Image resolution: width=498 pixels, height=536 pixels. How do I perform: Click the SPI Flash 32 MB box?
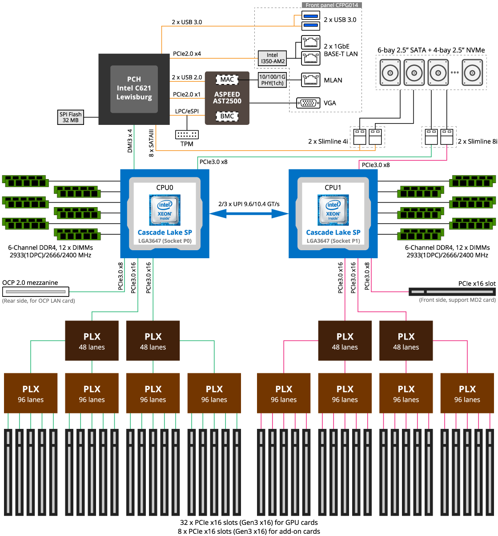pos(71,117)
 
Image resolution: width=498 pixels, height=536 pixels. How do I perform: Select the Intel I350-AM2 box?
pos(273,58)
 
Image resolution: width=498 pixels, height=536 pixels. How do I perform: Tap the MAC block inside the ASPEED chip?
pos(227,80)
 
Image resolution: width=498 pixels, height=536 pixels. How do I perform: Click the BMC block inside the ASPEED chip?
pos(227,116)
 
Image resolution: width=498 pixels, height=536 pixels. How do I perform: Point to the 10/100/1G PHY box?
pos(273,80)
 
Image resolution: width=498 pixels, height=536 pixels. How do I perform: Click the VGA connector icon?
pos(308,103)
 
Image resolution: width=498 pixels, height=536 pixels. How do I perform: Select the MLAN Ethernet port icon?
pos(310,80)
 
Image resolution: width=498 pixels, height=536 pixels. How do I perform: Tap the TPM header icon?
pos(187,134)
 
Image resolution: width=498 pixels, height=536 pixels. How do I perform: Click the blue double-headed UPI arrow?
pos(249,214)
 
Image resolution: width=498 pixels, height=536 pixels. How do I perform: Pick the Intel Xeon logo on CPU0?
pos(165,210)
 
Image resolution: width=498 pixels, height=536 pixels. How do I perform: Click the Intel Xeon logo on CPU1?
pos(333,210)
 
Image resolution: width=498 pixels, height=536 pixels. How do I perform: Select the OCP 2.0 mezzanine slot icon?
pos(36,292)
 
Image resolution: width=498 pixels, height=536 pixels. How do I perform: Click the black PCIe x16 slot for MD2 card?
pos(452,292)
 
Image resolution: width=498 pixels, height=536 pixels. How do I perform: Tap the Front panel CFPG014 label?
pos(332,5)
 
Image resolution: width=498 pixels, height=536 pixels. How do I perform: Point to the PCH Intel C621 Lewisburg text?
pos(134,88)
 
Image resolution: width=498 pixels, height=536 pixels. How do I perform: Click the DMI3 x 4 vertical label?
pos(130,141)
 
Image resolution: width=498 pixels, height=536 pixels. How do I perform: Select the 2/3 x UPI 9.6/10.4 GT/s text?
pos(249,204)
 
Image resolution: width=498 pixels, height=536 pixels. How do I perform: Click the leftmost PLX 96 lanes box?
pos(31,393)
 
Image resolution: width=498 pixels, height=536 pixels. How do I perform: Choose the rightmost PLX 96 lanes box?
pos(467,393)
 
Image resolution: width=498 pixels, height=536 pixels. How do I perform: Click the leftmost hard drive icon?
pos(390,72)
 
